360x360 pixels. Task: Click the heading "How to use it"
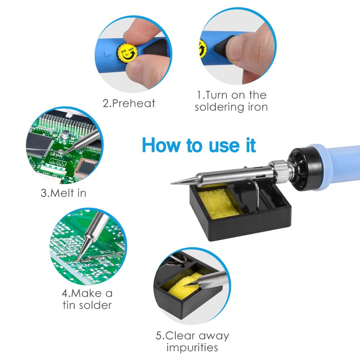[199, 145]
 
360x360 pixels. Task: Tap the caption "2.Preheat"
[129, 103]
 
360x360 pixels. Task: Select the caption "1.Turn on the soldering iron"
[231, 101]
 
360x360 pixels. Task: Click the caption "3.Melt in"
[63, 193]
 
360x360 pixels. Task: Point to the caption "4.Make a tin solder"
[87, 299]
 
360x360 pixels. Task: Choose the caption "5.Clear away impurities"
[192, 342]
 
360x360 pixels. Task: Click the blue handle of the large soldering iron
[338, 158]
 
